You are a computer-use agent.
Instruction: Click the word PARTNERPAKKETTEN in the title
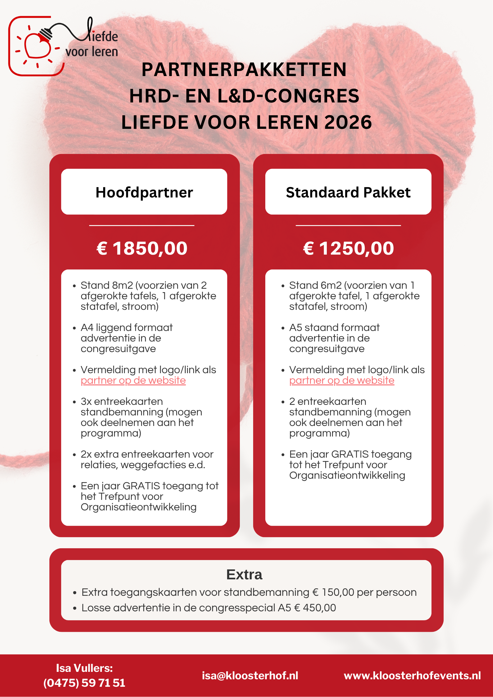(244, 69)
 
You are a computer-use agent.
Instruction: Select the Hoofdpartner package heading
(144, 192)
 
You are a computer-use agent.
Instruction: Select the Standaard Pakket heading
(348, 192)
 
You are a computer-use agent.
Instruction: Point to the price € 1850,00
(142, 248)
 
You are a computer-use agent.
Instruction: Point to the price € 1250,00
(348, 248)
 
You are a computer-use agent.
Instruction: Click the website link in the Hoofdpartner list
(133, 380)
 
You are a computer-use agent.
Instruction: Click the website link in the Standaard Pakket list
(342, 380)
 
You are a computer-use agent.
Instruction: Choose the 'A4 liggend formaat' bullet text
(126, 328)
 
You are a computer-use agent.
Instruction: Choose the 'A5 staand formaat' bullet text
(334, 328)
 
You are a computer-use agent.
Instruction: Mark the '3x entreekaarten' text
(121, 401)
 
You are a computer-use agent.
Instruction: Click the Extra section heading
(244, 575)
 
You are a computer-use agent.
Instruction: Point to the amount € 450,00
(315, 608)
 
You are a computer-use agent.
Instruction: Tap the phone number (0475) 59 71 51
(84, 683)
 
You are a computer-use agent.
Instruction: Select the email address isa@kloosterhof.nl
(250, 676)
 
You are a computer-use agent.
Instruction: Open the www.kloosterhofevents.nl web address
(412, 676)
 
